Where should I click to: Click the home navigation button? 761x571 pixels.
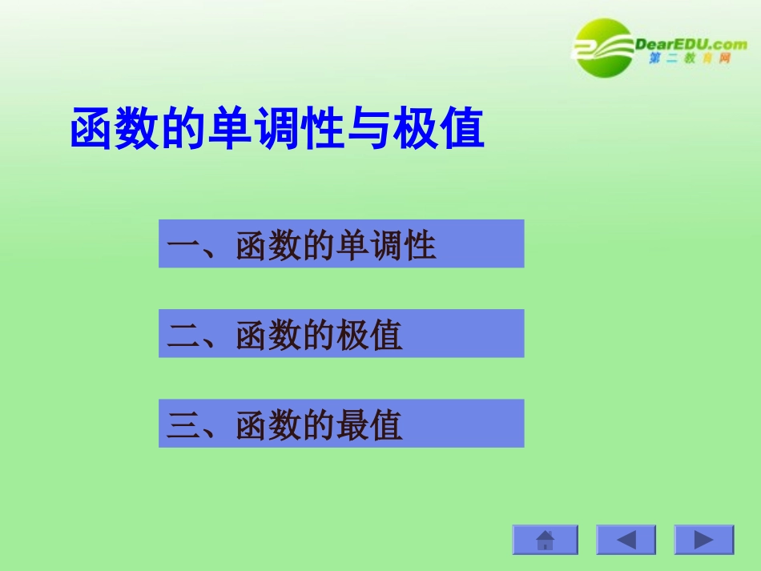tap(546, 540)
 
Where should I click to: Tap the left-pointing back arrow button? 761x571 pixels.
tap(626, 540)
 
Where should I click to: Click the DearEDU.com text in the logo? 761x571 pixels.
tap(691, 44)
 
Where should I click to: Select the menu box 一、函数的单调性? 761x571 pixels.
tap(341, 243)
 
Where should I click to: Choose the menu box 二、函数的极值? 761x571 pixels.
tap(341, 334)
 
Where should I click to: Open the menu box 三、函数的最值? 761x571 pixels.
tap(341, 424)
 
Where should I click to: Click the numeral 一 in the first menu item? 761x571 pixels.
tap(183, 245)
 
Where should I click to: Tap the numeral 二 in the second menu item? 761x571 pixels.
tap(183, 336)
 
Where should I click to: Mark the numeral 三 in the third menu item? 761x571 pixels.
tap(183, 425)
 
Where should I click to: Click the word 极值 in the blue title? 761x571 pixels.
tap(439, 129)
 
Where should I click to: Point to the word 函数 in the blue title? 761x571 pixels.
tap(115, 129)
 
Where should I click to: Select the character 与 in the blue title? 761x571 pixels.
tap(369, 129)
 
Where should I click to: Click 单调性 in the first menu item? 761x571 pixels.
tap(386, 244)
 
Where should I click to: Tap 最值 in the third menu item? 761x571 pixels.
tap(369, 424)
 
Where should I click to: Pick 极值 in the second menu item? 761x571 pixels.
tap(369, 335)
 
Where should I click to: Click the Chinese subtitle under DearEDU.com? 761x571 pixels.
tap(690, 61)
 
